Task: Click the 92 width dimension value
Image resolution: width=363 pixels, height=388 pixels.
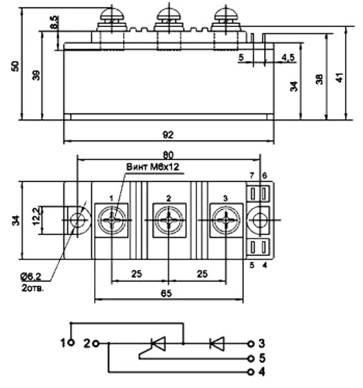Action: [168, 135]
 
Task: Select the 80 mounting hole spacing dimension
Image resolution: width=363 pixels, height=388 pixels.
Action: [168, 155]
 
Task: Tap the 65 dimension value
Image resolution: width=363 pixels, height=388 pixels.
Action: [166, 294]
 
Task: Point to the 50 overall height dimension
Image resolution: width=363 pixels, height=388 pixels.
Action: [15, 66]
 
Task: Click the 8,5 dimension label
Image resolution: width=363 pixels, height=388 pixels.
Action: [55, 22]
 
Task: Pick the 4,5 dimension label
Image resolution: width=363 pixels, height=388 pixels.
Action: [288, 58]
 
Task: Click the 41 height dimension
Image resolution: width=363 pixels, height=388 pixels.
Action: [339, 78]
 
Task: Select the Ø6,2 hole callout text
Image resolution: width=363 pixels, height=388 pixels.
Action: [31, 277]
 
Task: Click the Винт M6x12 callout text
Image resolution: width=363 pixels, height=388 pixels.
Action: [153, 167]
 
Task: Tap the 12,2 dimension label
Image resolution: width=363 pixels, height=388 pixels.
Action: [36, 216]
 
